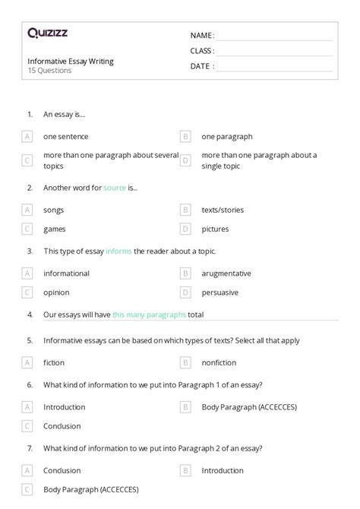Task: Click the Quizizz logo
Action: pyautogui.click(x=47, y=33)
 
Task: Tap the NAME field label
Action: pyautogui.click(x=201, y=36)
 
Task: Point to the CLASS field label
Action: pyautogui.click(x=201, y=51)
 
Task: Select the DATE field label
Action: pyautogui.click(x=201, y=66)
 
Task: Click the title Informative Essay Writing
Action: pyautogui.click(x=71, y=62)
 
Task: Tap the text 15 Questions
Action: pyautogui.click(x=49, y=71)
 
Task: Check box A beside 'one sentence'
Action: pyautogui.click(x=27, y=137)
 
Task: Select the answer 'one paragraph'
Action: pyautogui.click(x=226, y=137)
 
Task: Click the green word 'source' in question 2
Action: pyautogui.click(x=115, y=187)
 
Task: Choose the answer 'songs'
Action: pyautogui.click(x=53, y=210)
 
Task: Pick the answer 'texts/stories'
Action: pyautogui.click(x=223, y=210)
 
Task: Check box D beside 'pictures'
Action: pyautogui.click(x=185, y=229)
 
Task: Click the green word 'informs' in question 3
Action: pyautogui.click(x=118, y=251)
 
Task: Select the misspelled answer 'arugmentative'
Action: pyautogui.click(x=226, y=273)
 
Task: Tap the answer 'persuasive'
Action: pyautogui.click(x=219, y=292)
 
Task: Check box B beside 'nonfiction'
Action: pyautogui.click(x=185, y=362)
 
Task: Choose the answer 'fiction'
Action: pyautogui.click(x=54, y=362)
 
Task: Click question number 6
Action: pyautogui.click(x=30, y=384)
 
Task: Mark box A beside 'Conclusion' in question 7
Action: pyautogui.click(x=27, y=470)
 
